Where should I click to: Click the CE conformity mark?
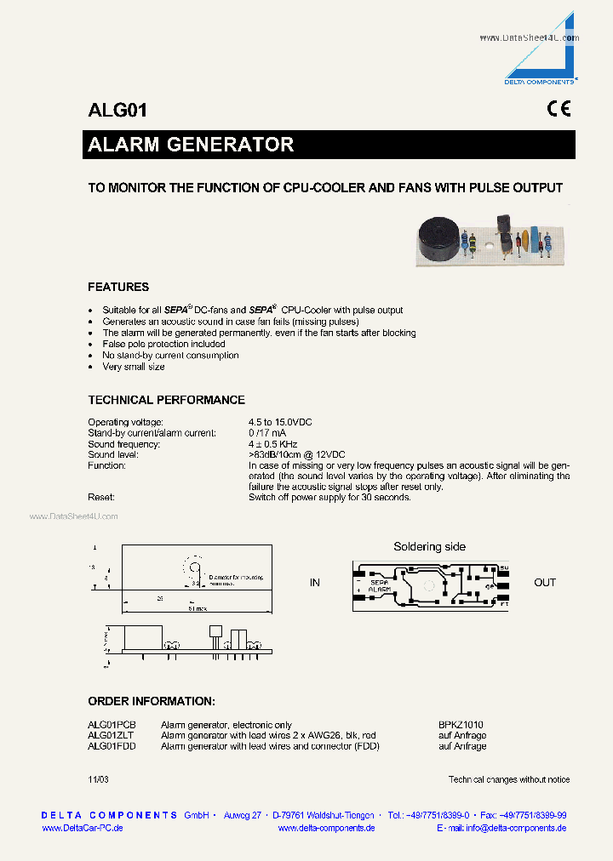(559, 109)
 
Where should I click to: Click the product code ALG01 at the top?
(117, 110)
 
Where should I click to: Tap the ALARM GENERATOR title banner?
(191, 145)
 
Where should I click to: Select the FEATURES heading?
(118, 287)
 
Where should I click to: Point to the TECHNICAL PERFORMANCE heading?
(166, 400)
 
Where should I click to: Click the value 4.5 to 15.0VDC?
(281, 422)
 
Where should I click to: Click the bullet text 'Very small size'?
(133, 367)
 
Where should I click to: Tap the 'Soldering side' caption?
(429, 547)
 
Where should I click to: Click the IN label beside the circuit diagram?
(315, 583)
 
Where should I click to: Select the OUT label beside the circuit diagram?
(545, 583)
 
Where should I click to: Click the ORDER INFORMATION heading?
(152, 701)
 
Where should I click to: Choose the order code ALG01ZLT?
(112, 735)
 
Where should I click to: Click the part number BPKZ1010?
(461, 724)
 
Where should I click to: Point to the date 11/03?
(98, 779)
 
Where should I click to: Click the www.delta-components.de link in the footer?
(327, 828)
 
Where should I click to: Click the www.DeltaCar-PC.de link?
(83, 828)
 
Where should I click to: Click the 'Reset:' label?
(100, 497)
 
